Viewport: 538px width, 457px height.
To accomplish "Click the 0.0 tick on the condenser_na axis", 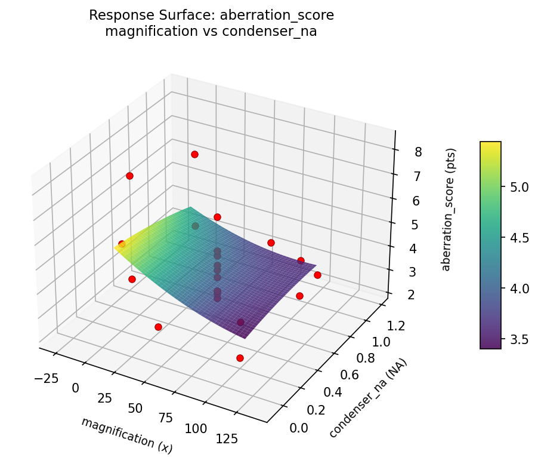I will click(x=298, y=428).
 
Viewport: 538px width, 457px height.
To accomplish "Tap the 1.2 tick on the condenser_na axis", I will click(x=396, y=326).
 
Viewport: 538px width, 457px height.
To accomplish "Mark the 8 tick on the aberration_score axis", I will click(x=419, y=152).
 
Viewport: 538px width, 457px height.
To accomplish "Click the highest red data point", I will click(x=194, y=154).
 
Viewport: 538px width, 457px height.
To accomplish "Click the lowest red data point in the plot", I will click(x=240, y=358).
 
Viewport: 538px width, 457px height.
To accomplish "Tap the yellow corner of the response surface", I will click(x=116, y=247).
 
